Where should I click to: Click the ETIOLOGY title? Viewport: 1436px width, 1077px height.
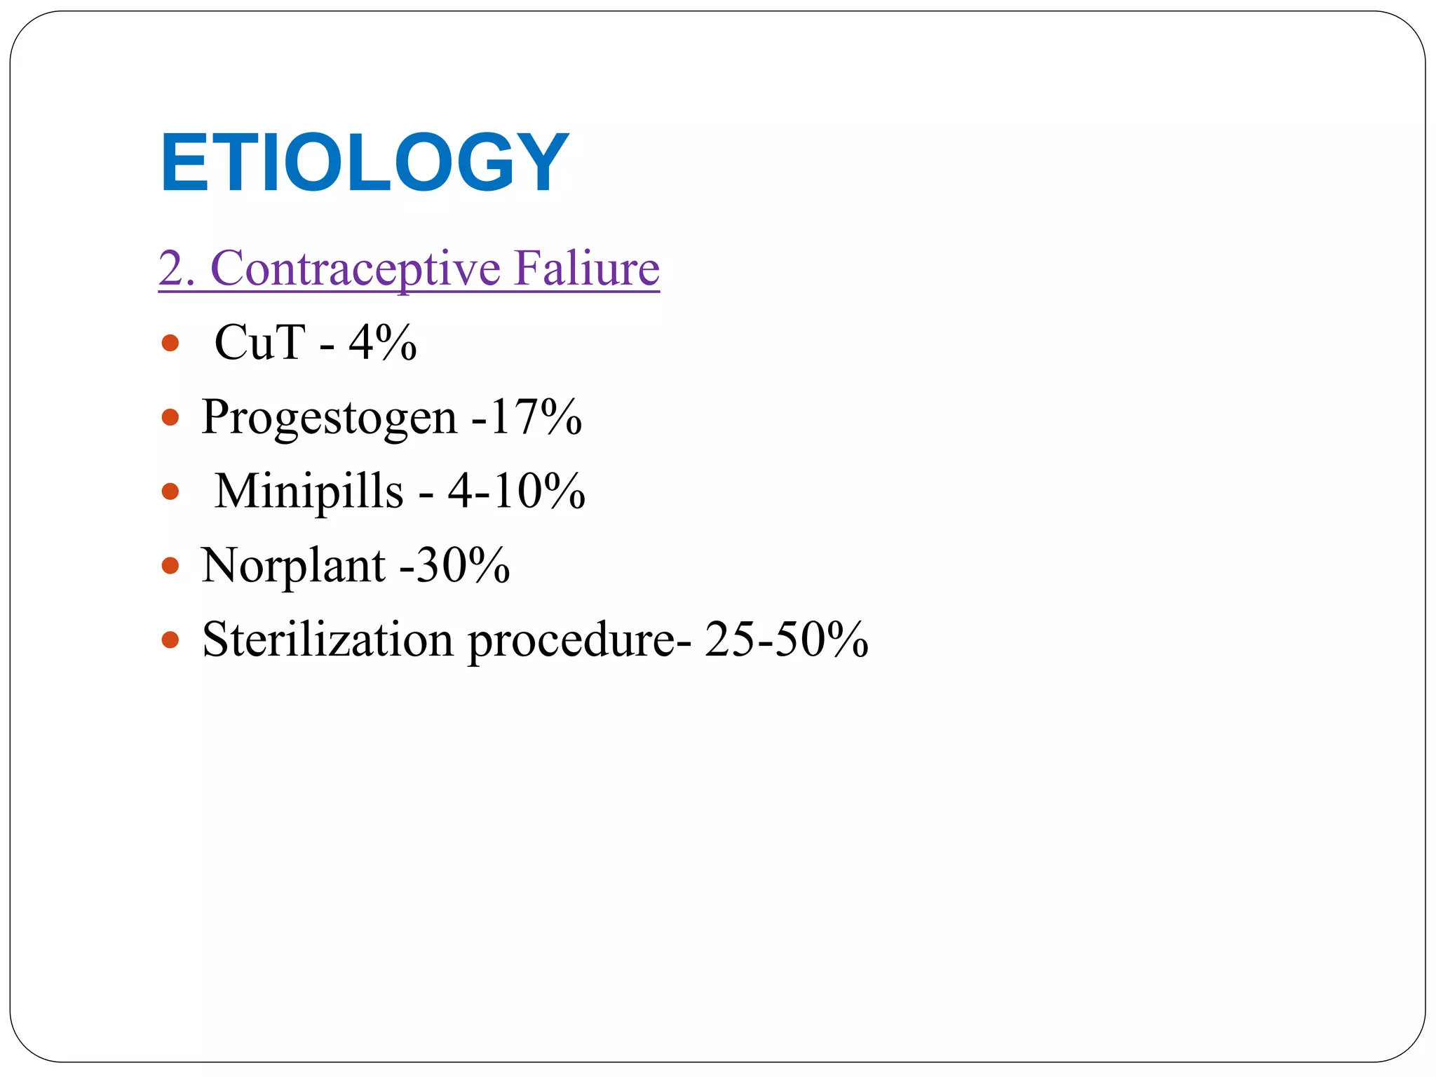point(364,163)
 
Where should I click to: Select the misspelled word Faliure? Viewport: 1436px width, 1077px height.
point(586,269)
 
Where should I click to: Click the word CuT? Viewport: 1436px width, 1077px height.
point(259,343)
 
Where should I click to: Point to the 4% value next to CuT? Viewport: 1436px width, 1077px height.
point(383,343)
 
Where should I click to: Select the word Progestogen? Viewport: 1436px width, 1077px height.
point(329,417)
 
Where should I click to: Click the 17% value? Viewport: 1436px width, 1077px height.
point(536,417)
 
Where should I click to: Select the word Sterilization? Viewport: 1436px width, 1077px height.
point(327,639)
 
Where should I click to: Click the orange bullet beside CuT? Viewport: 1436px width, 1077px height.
point(170,344)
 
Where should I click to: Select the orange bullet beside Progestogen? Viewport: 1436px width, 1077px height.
point(170,418)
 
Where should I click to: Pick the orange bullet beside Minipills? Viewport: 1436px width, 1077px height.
point(170,492)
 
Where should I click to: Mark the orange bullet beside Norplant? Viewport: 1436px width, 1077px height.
point(170,566)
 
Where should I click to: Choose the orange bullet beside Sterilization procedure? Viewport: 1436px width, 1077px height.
point(170,640)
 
